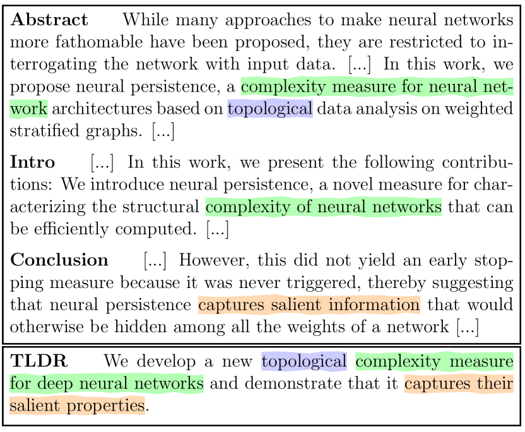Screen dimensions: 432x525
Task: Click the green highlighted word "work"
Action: click(x=28, y=109)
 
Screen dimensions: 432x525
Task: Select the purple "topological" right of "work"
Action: click(x=270, y=109)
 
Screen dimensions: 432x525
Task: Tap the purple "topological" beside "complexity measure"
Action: click(x=304, y=361)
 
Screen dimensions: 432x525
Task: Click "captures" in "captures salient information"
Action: click(x=231, y=305)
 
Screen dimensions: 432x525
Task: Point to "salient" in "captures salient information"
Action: click(x=295, y=305)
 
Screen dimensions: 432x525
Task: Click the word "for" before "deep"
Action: click(x=20, y=383)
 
